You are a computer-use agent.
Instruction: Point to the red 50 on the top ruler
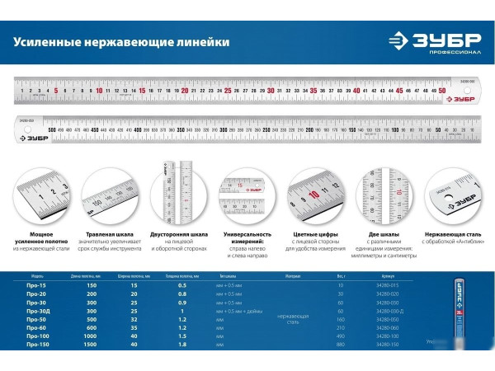(x=442, y=91)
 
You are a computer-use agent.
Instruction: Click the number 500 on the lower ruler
(x=52, y=129)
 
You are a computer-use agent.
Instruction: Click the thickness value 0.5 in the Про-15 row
(x=182, y=287)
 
